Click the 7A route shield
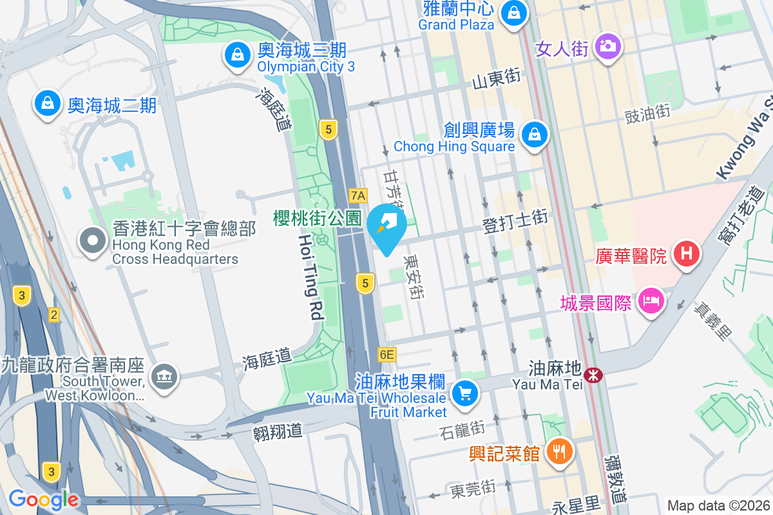pos(358,195)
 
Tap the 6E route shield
pos(386,354)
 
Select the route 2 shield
pos(54,314)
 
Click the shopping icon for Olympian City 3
pos(238,55)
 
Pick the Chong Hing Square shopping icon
pos(535,135)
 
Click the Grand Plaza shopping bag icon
pos(513,12)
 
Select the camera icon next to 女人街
pos(607,46)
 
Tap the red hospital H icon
pos(687,253)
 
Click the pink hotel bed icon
pos(651,301)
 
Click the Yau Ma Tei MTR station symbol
pos(593,374)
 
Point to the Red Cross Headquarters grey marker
pos(93,241)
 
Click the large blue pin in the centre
pos(386,225)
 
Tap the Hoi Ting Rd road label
pos(310,277)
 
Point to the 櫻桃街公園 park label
pos(317,218)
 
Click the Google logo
pos(44,500)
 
